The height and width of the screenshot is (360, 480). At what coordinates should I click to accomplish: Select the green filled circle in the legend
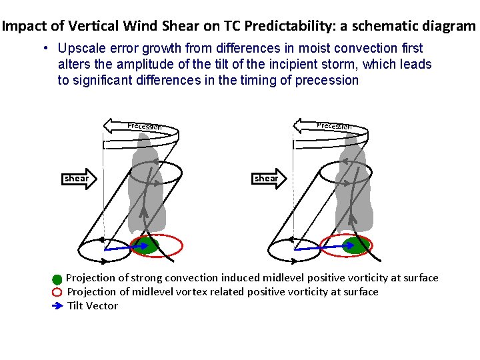coord(57,279)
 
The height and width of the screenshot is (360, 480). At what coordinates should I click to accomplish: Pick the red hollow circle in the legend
coord(57,292)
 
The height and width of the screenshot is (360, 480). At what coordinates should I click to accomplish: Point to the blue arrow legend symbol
coord(57,306)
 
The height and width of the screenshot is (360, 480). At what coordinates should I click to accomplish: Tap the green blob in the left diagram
coord(145,245)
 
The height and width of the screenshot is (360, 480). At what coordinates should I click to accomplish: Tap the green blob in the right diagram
coord(356,245)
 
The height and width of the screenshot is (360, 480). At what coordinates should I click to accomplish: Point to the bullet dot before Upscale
coord(43,49)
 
